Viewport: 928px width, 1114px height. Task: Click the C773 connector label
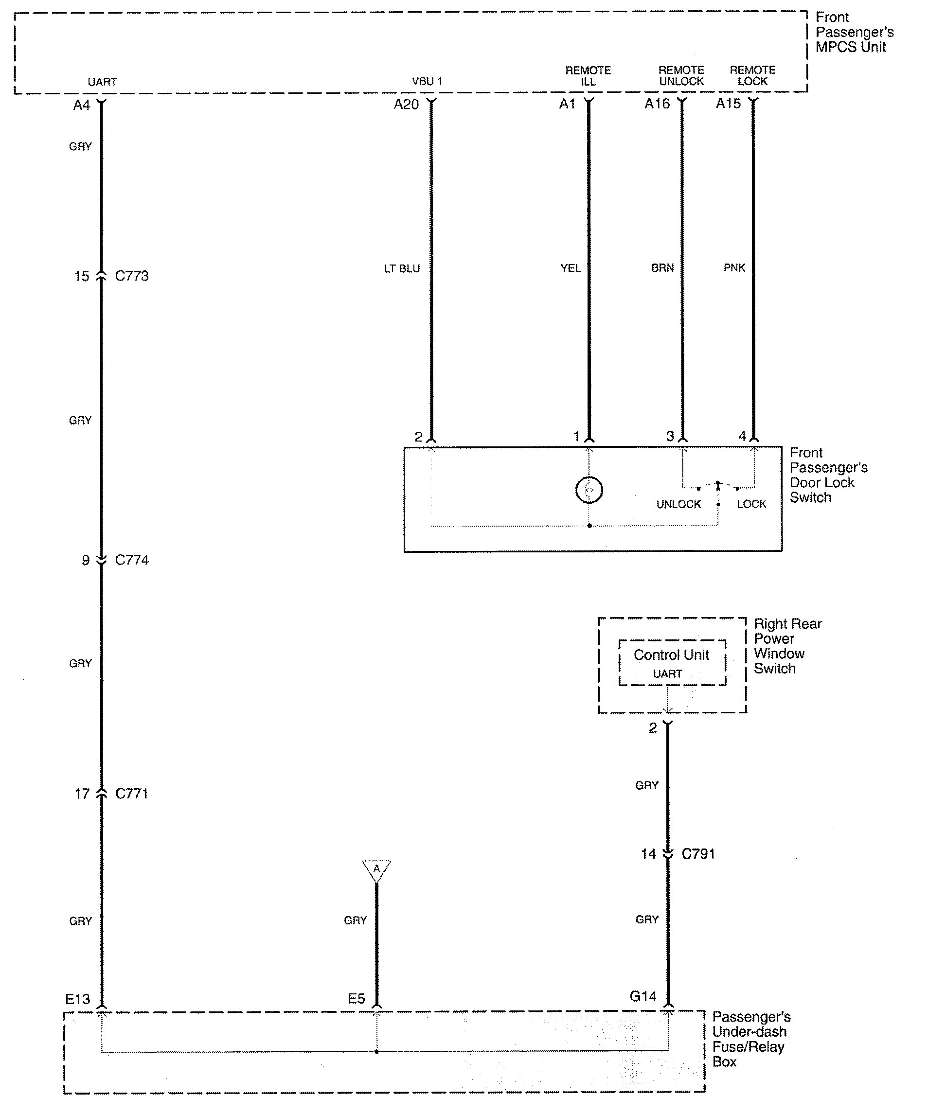(x=132, y=276)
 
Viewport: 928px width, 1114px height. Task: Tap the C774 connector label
(x=132, y=560)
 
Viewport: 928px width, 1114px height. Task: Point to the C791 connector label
(x=698, y=854)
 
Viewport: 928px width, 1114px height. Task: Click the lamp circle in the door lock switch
(x=589, y=490)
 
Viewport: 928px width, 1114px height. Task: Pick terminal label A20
(x=407, y=105)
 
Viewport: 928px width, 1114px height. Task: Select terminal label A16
(x=658, y=104)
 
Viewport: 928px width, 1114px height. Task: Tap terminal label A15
(x=729, y=104)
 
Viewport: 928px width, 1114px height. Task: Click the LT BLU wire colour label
(x=402, y=269)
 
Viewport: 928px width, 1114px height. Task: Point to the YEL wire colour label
(x=571, y=268)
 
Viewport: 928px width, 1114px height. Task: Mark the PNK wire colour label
(x=734, y=268)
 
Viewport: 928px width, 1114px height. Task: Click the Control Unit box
(x=672, y=663)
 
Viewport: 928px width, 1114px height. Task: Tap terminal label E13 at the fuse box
(x=78, y=999)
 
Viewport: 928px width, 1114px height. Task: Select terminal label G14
(x=643, y=997)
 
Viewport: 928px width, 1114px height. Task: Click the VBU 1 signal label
(x=427, y=82)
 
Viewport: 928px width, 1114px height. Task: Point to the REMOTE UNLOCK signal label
(x=681, y=76)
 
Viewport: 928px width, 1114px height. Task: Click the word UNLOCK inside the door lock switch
(x=678, y=504)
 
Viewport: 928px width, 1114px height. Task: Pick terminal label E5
(x=357, y=999)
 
